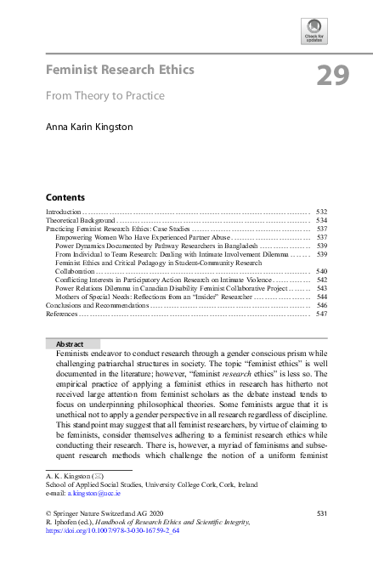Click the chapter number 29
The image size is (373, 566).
333,76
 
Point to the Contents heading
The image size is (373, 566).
65,195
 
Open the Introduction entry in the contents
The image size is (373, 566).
64,211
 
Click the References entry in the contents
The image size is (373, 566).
62,314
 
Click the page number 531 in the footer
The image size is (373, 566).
321,514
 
